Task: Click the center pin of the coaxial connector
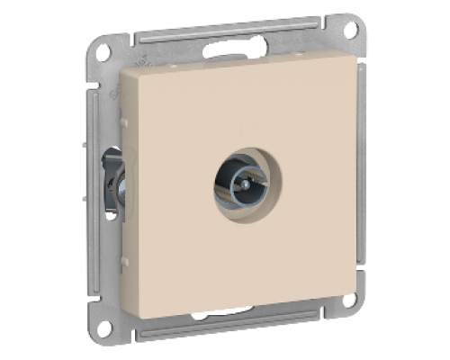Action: click(238, 185)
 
